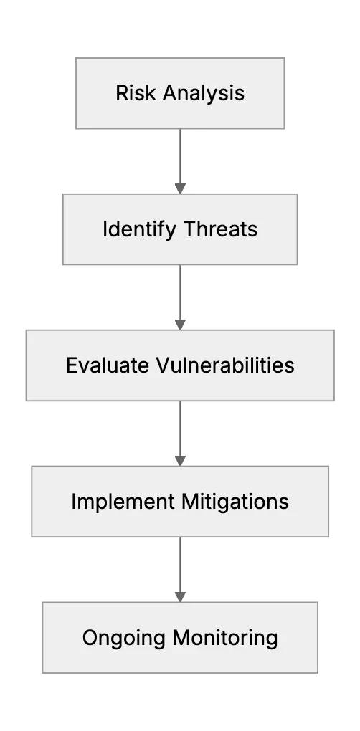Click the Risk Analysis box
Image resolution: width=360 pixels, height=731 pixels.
[x=180, y=93]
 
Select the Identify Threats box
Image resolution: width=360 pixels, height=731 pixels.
[x=180, y=229]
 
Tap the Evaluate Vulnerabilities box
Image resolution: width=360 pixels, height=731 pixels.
[x=180, y=365]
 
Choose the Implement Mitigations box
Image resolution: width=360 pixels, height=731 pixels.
[x=180, y=502]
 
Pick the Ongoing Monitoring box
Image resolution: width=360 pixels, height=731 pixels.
[x=180, y=637]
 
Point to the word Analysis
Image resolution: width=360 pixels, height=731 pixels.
[x=204, y=93]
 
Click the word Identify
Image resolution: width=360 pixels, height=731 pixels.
[x=139, y=229]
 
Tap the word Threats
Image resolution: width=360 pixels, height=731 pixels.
[x=220, y=229]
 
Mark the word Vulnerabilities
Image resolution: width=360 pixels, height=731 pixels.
[x=224, y=365]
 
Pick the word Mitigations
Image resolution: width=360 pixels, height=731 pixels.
[x=235, y=502]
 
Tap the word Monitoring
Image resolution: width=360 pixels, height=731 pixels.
[x=224, y=639]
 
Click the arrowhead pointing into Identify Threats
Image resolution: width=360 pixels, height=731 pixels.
[x=180, y=188]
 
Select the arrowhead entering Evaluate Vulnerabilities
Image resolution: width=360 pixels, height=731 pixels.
[x=180, y=325]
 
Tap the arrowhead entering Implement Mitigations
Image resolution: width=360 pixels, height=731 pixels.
[x=180, y=461]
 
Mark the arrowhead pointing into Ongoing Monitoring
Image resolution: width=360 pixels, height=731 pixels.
[x=180, y=597]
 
